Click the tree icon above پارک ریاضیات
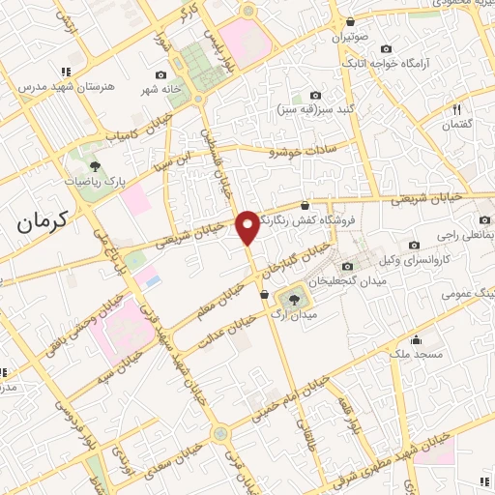(94, 166)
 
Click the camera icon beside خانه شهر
(161, 75)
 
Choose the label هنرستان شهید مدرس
(66, 86)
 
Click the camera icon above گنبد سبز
(315, 95)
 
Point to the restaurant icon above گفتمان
(456, 110)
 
